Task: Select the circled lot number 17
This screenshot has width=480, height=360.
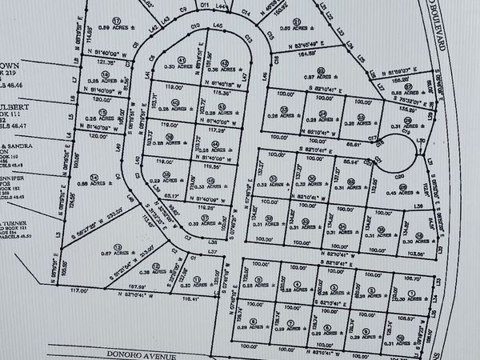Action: pyautogui.click(x=117, y=20)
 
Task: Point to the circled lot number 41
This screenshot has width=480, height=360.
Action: pyautogui.click(x=182, y=60)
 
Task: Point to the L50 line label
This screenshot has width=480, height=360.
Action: pyautogui.click(x=422, y=139)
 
